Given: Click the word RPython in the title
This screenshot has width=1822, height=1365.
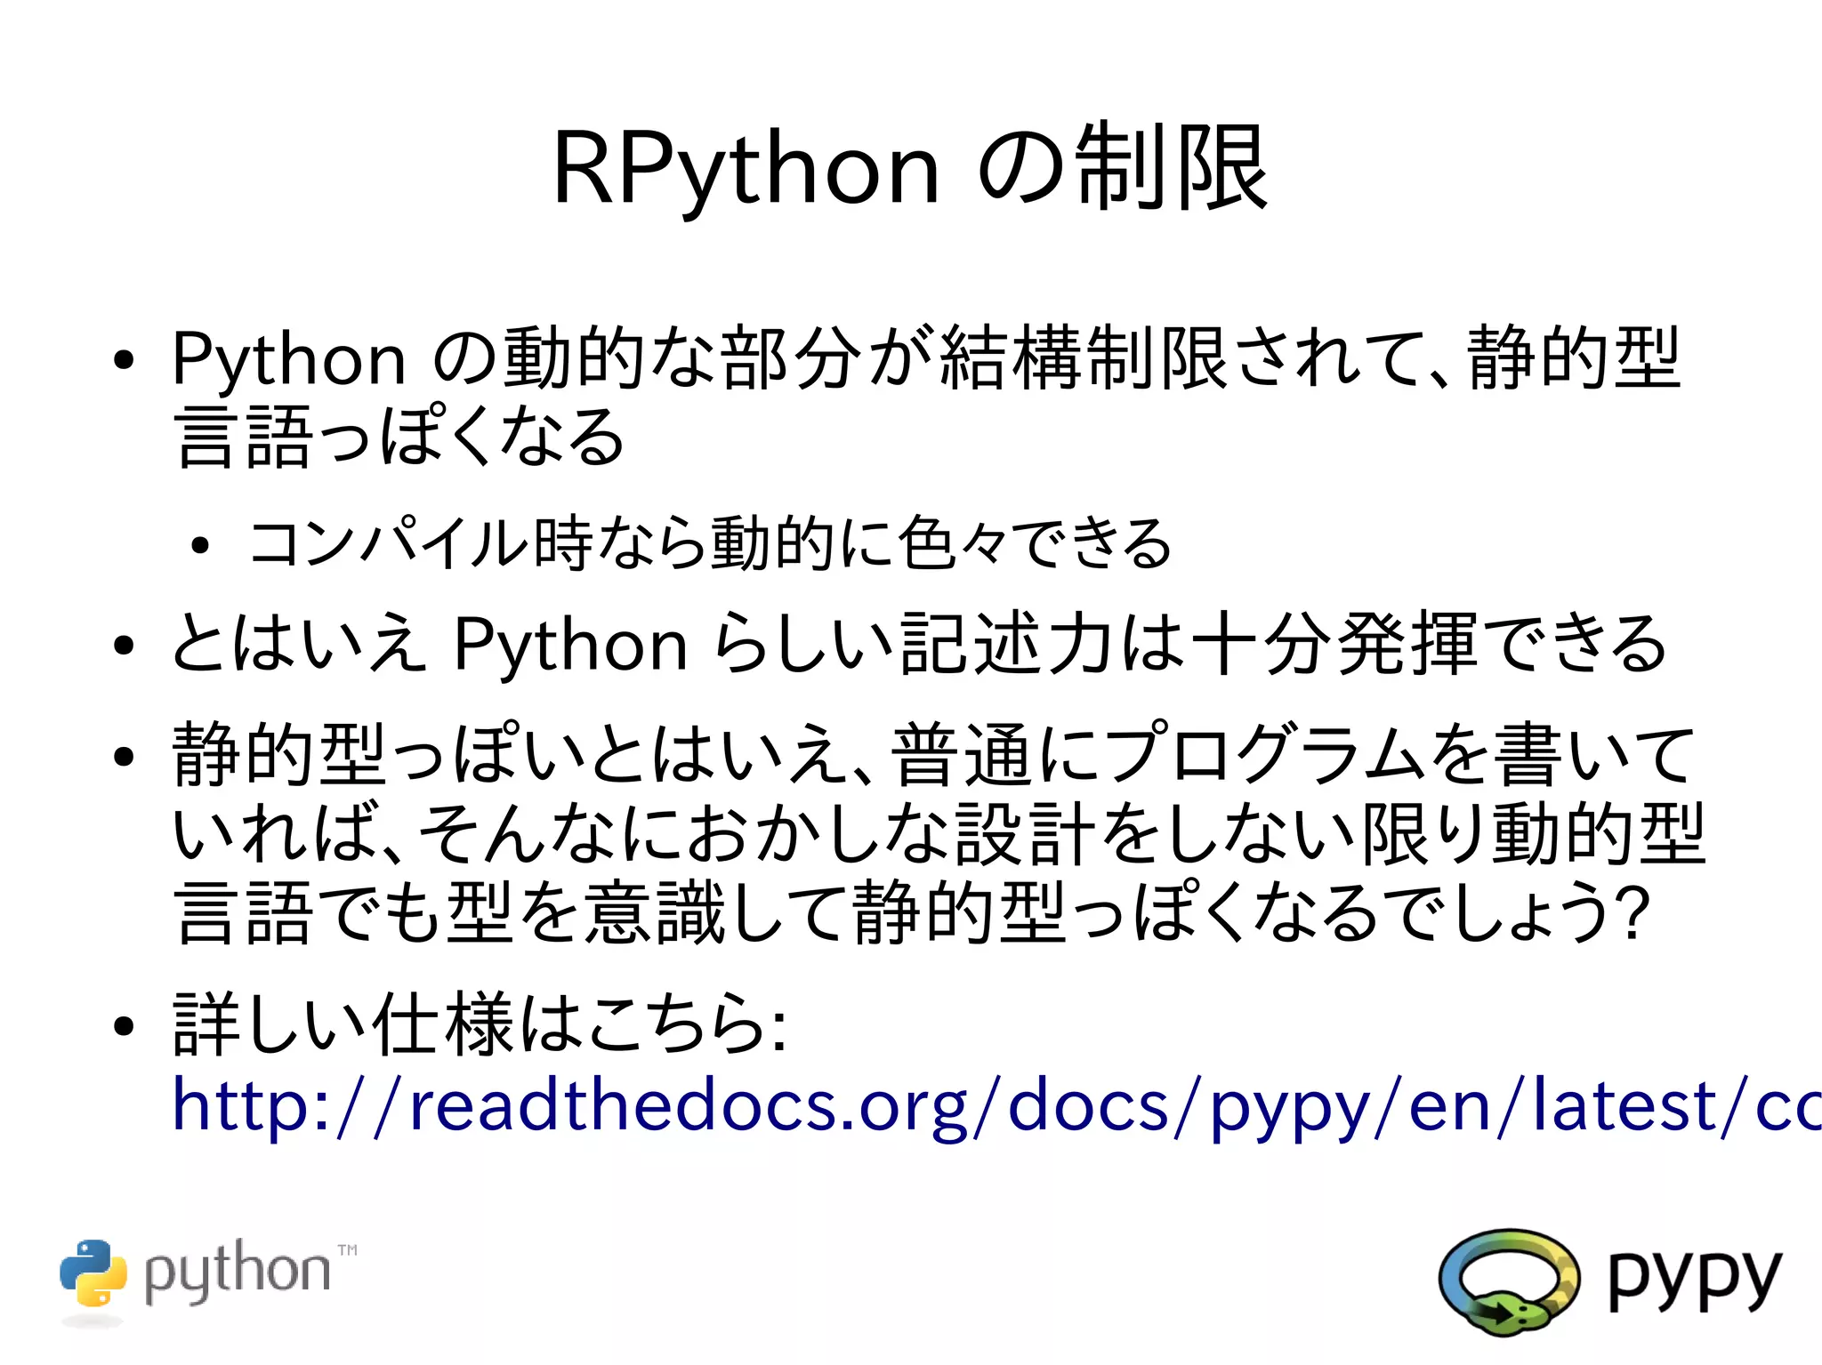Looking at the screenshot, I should tap(746, 169).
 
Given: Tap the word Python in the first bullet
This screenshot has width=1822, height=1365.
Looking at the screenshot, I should tap(288, 359).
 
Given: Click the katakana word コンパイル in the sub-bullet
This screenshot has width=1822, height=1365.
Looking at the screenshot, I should tap(389, 543).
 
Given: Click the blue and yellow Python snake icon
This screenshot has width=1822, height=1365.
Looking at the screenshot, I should tap(93, 1273).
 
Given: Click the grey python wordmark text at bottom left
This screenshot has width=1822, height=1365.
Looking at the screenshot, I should tap(237, 1272).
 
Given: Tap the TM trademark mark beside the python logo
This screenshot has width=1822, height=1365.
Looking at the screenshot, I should tap(348, 1250).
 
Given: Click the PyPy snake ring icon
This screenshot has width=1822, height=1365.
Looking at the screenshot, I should tap(1508, 1281).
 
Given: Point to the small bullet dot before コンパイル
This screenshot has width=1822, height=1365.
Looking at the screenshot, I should tap(199, 545).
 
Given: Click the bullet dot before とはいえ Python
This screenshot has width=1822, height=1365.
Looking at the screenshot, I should tap(124, 646).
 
